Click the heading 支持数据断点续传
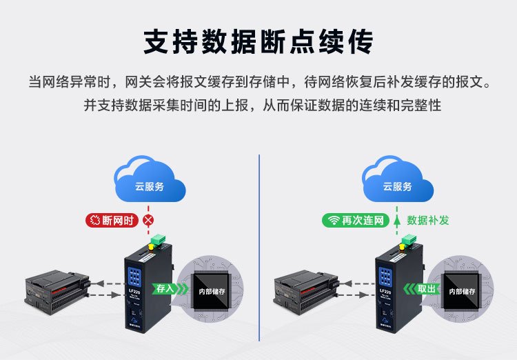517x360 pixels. pos(258,41)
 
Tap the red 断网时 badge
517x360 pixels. pos(112,221)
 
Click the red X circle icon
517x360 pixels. pos(148,221)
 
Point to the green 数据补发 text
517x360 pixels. pos(428,221)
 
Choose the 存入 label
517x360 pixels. pos(165,290)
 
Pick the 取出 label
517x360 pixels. pos(427,290)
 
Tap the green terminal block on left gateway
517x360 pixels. pos(159,241)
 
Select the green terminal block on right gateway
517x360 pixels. pos(409,241)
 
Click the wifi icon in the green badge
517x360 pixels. pos(334,221)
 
